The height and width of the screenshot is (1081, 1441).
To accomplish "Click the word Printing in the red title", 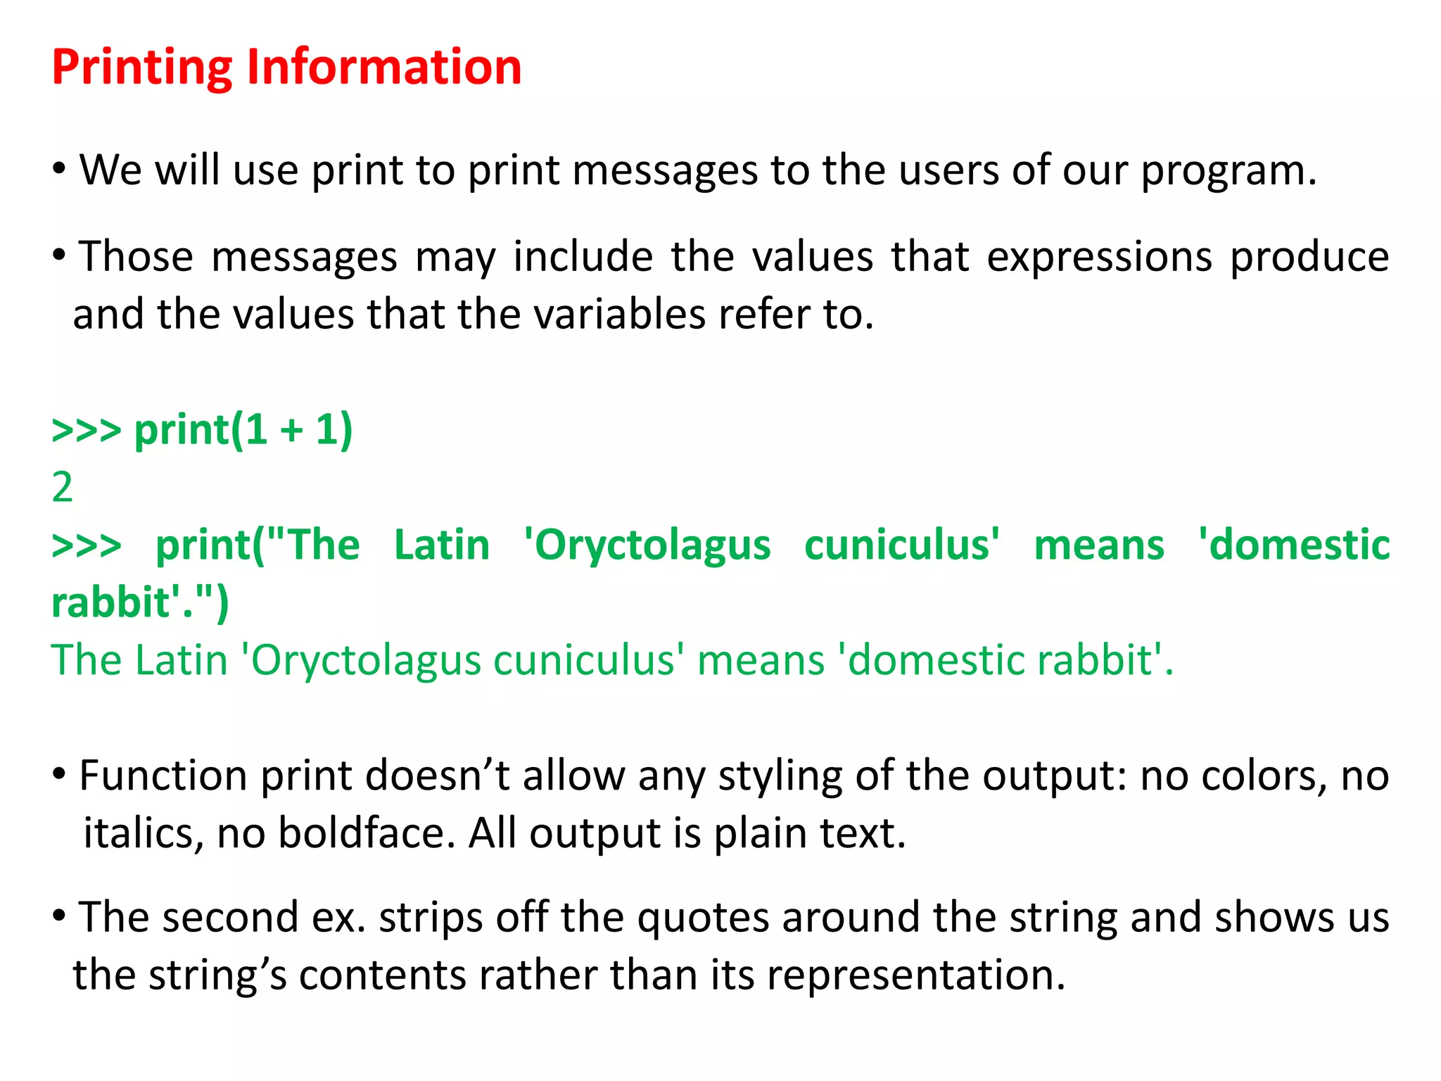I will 141,68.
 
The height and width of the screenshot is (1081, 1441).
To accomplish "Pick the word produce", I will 1309,258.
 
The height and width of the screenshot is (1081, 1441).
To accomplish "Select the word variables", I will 620,315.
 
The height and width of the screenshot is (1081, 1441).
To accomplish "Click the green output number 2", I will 62,487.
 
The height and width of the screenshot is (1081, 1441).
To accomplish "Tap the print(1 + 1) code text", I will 243,430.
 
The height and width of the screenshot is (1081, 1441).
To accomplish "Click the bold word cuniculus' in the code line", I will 901,545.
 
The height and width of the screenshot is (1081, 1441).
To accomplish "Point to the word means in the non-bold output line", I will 761,661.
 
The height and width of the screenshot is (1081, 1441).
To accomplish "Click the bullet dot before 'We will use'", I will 59,168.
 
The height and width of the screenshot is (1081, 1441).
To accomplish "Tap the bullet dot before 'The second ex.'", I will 59,916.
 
